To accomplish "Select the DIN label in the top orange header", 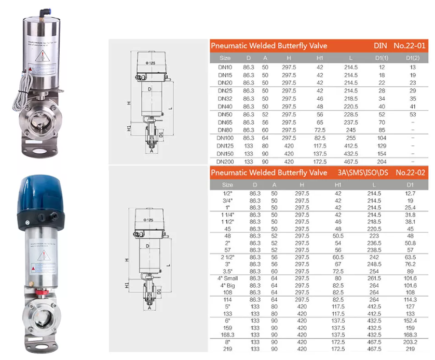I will point(380,46).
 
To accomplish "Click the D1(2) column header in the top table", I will point(412,58).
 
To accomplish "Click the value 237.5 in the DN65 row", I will point(351,122).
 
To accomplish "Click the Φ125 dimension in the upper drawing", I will point(151,62).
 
